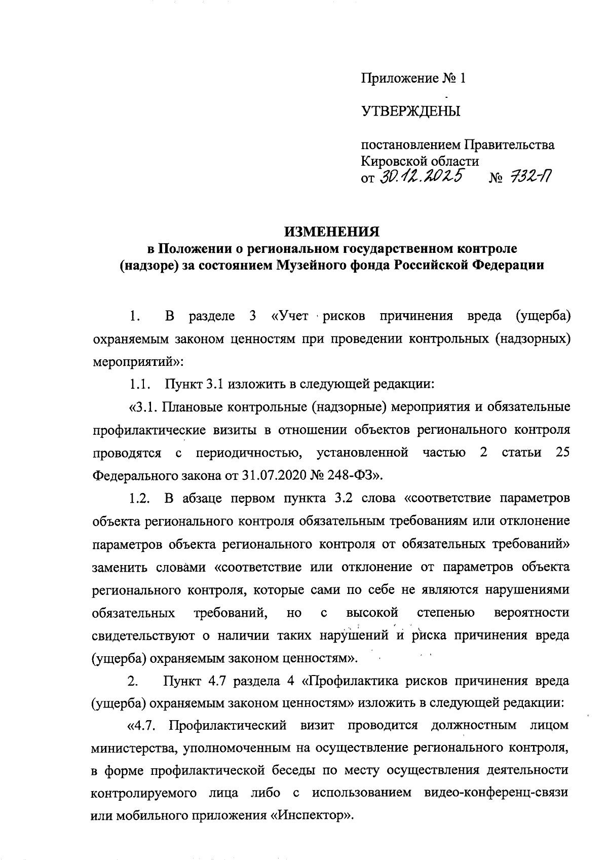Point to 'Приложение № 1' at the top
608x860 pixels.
412,79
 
